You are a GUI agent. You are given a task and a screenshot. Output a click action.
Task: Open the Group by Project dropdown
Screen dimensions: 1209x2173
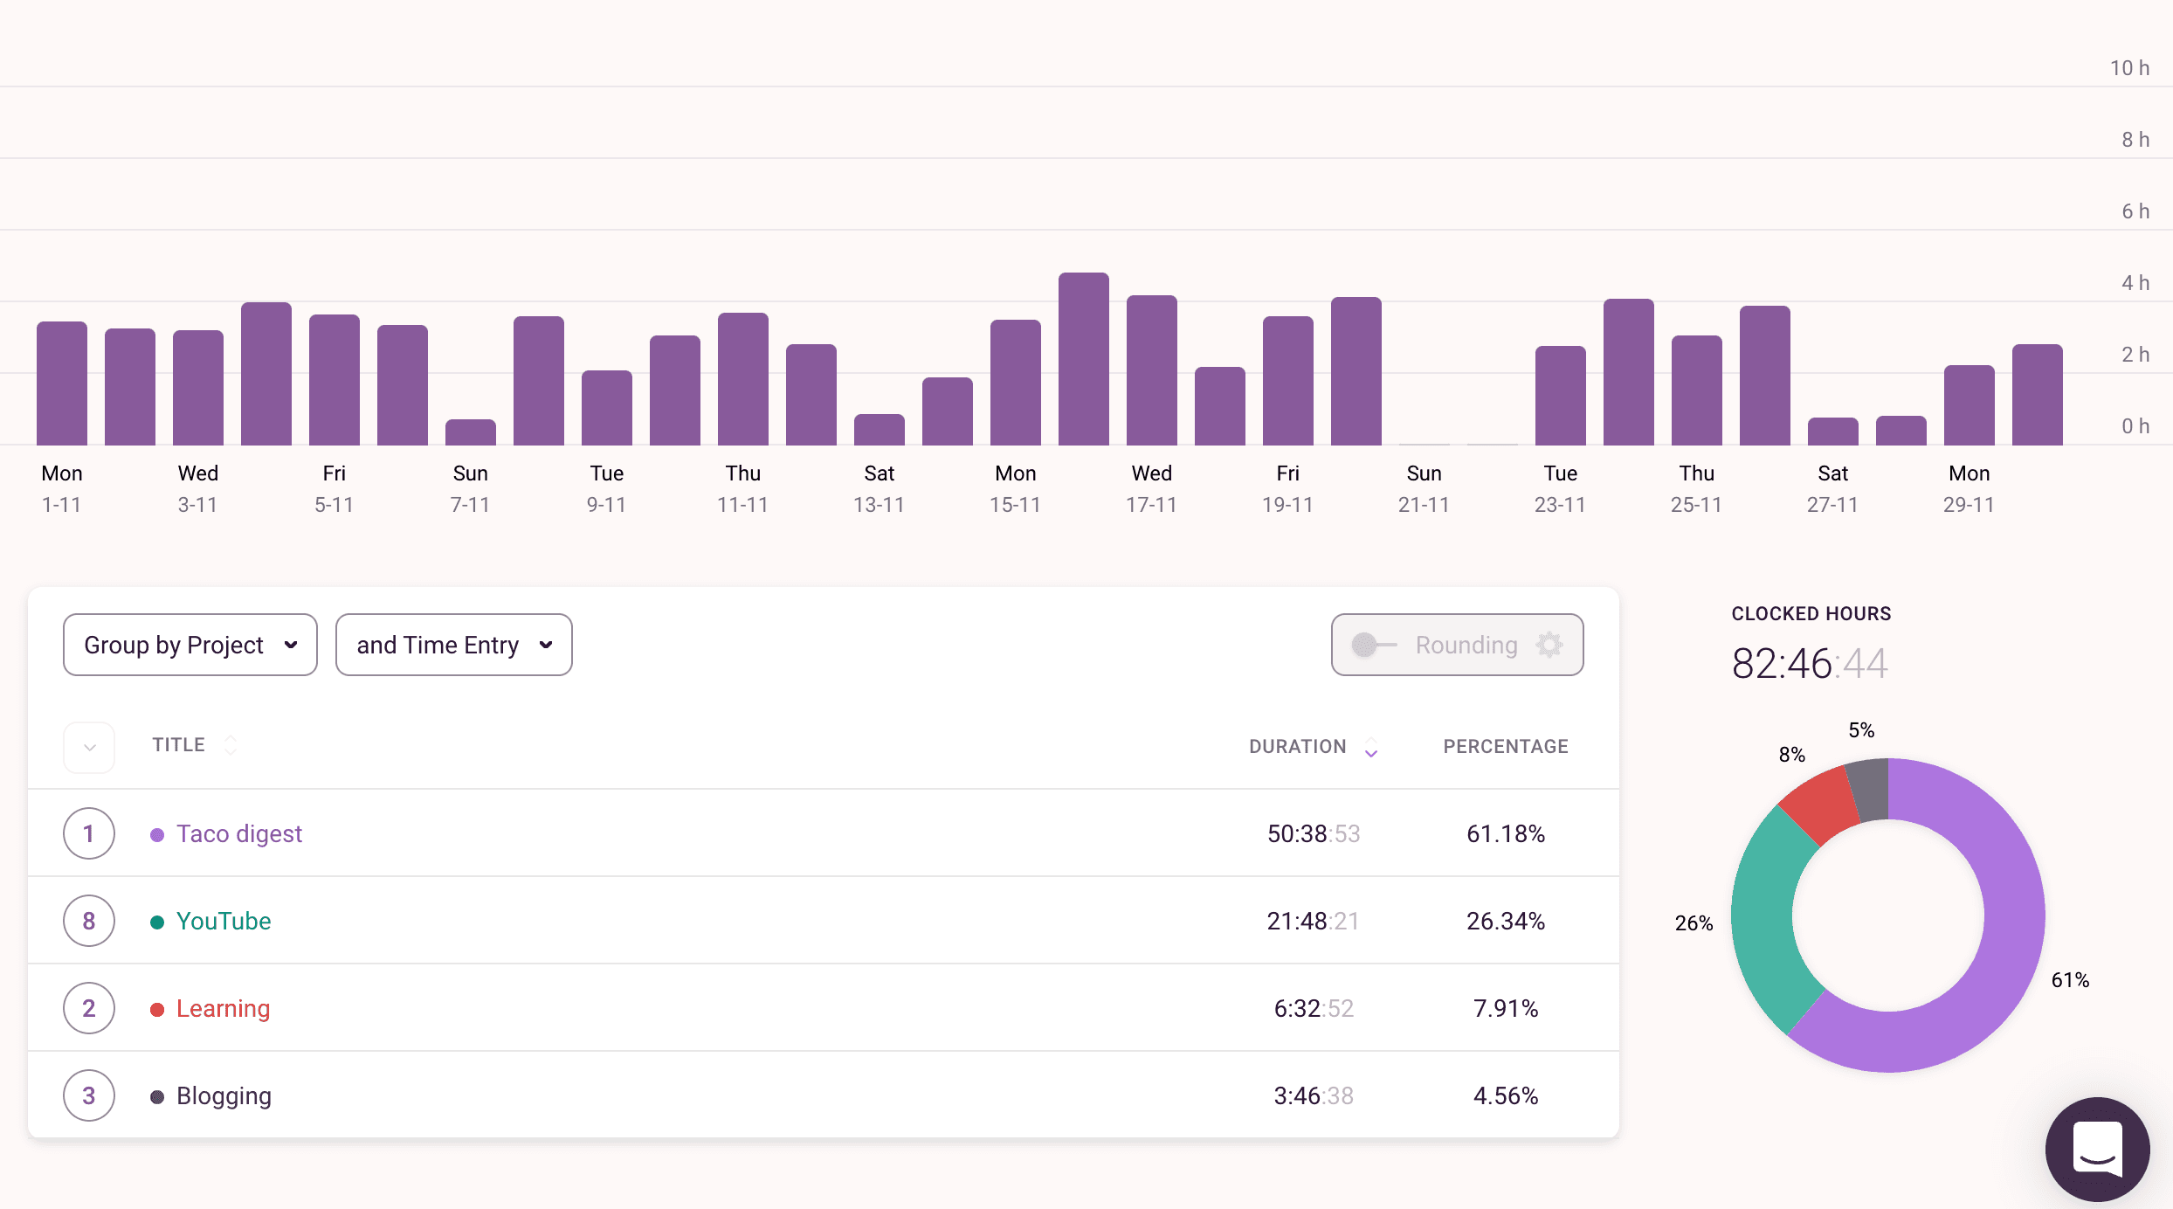tap(190, 645)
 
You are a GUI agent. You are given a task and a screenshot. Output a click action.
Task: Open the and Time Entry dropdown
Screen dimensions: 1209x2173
tap(453, 645)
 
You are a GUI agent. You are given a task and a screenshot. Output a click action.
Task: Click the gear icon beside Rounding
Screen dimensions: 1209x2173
tap(1549, 645)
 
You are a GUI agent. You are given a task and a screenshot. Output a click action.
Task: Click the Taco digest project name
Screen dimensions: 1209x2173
tap(238, 833)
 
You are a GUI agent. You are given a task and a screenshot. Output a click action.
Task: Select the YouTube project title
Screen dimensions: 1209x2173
tap(224, 921)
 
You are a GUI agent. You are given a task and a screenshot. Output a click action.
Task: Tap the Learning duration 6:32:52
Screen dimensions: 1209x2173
tap(1313, 1008)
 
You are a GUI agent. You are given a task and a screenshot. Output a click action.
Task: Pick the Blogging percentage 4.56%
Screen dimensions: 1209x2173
tap(1505, 1095)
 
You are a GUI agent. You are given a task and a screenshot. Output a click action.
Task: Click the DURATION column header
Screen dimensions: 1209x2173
tap(1298, 746)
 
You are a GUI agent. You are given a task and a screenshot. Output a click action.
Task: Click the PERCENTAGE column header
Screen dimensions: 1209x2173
tap(1505, 746)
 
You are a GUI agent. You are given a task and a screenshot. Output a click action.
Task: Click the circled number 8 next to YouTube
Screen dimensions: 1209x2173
tap(89, 921)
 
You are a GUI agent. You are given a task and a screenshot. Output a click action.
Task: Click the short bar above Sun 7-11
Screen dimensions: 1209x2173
tap(470, 432)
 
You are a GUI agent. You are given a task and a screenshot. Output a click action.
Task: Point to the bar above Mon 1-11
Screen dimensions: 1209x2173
tap(62, 384)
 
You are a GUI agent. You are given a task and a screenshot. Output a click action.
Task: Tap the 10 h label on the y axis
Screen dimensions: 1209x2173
tap(2129, 68)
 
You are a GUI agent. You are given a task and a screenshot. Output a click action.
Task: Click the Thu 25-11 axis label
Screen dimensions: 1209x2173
tap(1696, 488)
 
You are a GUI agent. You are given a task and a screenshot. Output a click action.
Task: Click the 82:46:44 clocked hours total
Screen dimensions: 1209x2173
tap(1809, 664)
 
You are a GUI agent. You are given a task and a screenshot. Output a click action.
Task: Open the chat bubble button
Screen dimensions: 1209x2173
tap(2097, 1149)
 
